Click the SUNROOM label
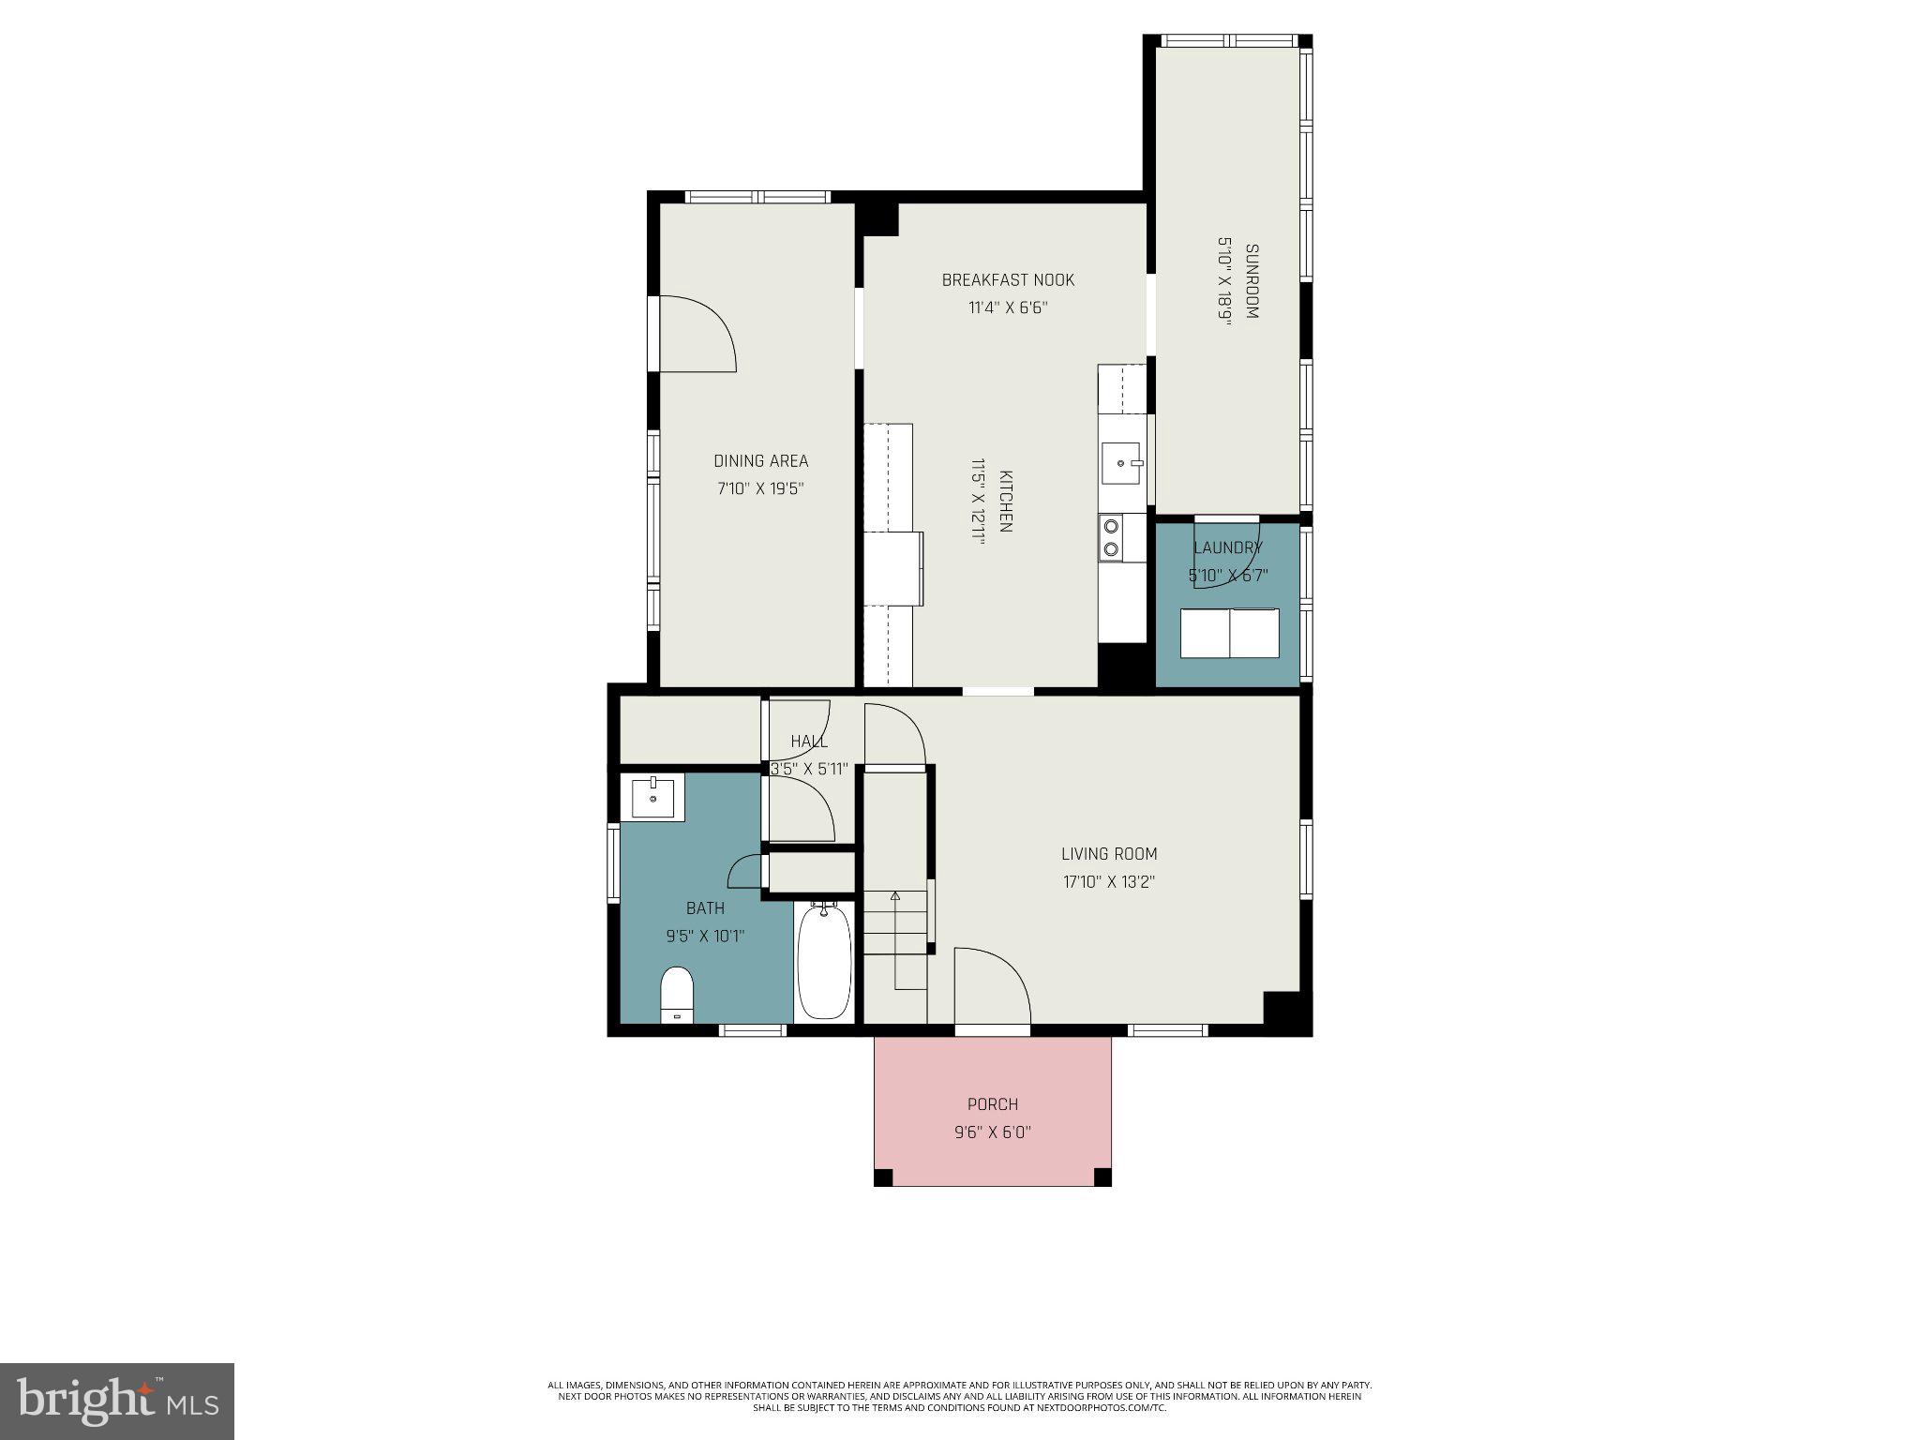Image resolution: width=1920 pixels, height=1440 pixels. [x=1252, y=281]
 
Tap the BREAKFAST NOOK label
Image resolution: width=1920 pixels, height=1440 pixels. [x=1008, y=280]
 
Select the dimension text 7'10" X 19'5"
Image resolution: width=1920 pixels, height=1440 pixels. [x=761, y=488]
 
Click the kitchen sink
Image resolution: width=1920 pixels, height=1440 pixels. [x=1121, y=463]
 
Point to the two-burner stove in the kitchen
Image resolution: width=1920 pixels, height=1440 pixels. [x=1112, y=537]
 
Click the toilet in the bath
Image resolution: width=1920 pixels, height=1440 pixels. [x=677, y=994]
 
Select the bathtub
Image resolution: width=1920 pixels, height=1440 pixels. [x=825, y=961]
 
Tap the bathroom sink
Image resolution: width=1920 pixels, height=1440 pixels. [x=652, y=798]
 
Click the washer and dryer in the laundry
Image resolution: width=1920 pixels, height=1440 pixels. [x=1229, y=633]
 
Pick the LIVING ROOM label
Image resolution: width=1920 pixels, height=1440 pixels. [x=1109, y=854]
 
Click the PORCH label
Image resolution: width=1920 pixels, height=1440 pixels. [x=993, y=1104]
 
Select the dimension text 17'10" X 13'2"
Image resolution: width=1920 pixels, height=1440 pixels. [x=1109, y=882]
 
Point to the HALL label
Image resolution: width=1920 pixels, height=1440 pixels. [x=809, y=742]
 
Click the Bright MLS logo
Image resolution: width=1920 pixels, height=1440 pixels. [x=117, y=1401]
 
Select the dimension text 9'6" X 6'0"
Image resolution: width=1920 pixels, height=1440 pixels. [x=993, y=1132]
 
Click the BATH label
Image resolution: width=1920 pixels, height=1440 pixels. [x=705, y=908]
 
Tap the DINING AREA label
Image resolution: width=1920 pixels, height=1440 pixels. [x=761, y=461]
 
